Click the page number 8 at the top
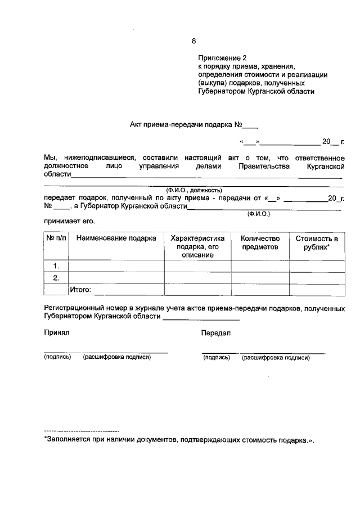tap(194, 41)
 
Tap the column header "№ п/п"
tap(56, 238)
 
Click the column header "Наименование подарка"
tap(116, 238)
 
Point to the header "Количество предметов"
tap(260, 242)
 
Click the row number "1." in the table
tap(56, 265)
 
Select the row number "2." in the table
tap(56, 278)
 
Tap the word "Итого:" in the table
tap(80, 290)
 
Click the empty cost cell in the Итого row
tap(317, 290)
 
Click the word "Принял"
tap(56, 333)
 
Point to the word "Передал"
tap(215, 333)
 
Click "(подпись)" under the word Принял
tap(57, 357)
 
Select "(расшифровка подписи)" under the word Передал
tap(276, 357)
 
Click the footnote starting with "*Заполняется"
tap(179, 440)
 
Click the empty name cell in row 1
tap(116, 265)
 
